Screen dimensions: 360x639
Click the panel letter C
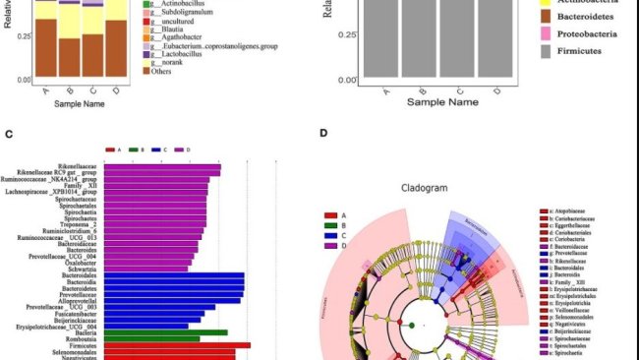(x=8, y=134)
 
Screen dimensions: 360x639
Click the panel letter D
(x=323, y=134)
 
